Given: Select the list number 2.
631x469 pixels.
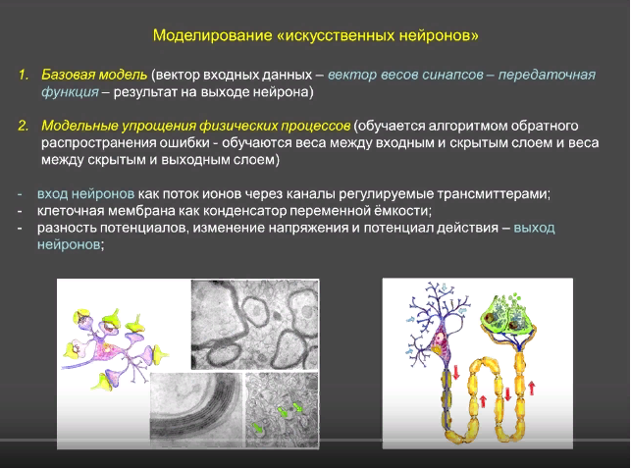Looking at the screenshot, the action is click(23, 126).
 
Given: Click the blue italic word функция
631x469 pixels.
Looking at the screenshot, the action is click(70, 92).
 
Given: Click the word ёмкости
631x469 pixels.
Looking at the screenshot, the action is click(397, 211).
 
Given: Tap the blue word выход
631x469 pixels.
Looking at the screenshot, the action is click(535, 228).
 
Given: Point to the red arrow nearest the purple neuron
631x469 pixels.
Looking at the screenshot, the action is click(456, 372).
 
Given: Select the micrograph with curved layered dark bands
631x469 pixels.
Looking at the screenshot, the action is click(196, 409).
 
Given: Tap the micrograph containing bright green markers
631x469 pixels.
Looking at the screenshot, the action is click(282, 409).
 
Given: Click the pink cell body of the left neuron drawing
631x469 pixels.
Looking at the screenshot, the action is click(107, 349).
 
